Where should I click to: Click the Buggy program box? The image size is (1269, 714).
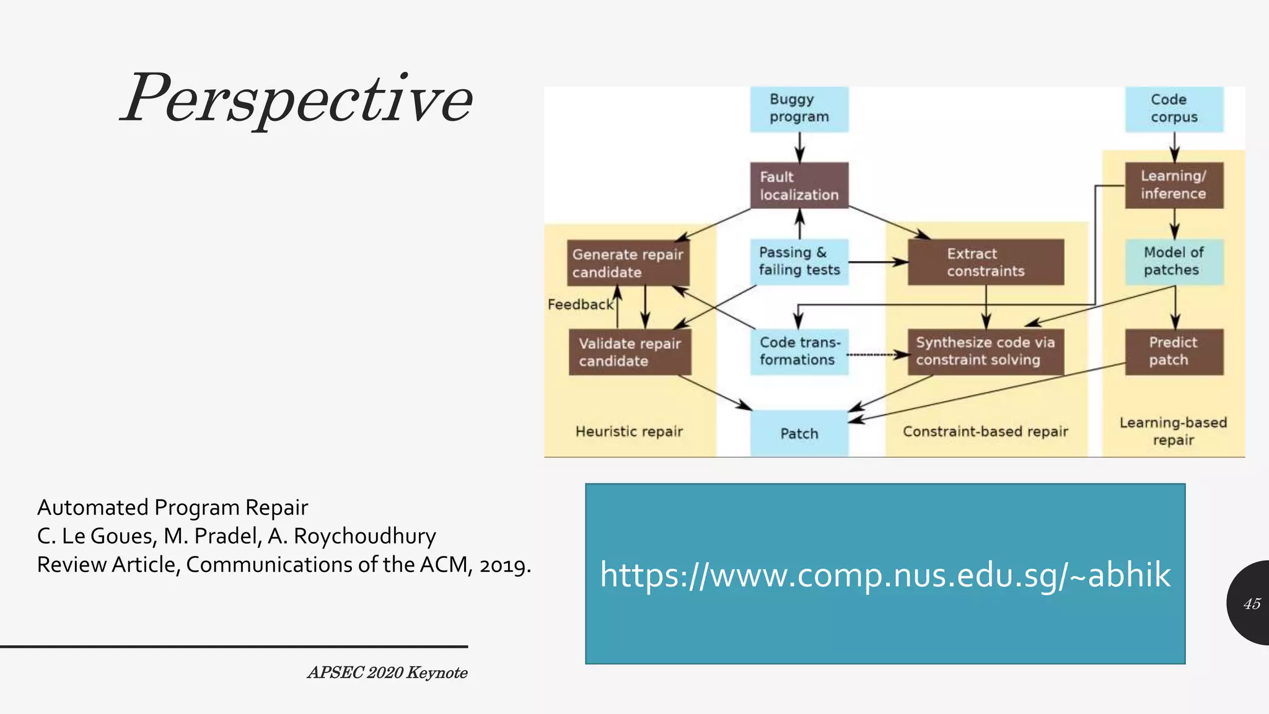point(799,109)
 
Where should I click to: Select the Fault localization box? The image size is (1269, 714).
point(799,185)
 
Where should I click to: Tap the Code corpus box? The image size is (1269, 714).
point(1174,109)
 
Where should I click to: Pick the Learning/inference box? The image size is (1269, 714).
point(1174,185)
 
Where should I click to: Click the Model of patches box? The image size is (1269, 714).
point(1174,262)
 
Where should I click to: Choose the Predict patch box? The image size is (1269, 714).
point(1174,351)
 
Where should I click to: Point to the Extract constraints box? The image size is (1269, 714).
point(985,262)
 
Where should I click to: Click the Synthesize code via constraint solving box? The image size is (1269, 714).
point(985,351)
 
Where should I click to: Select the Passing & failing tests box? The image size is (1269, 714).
point(799,262)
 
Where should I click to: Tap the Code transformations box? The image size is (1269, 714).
point(799,351)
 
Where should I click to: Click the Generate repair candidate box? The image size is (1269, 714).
point(628,263)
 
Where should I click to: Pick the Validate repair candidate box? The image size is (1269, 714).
point(630,352)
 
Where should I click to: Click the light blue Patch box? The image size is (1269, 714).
point(799,433)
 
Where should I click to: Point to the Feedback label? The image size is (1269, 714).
point(580,304)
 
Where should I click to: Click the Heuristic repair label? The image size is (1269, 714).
point(629,431)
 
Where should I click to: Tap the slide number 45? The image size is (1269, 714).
point(1252,604)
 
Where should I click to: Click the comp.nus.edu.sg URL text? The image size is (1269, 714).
point(885,575)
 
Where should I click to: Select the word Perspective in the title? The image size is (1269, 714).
point(297,99)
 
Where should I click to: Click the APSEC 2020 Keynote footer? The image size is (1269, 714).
point(387,672)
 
